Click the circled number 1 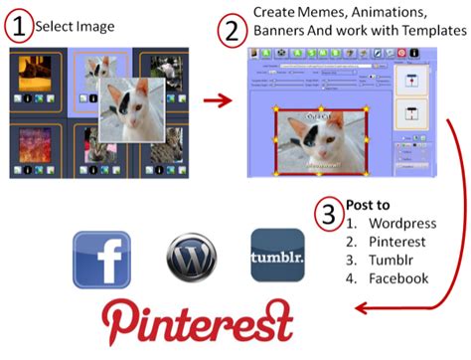(x=20, y=25)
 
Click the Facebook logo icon (x=102, y=260)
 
